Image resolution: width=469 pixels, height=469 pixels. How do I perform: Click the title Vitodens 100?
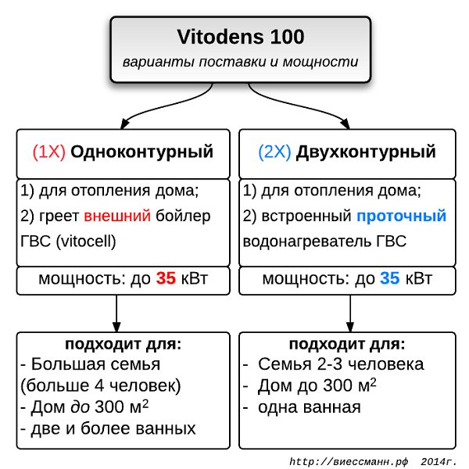point(240,36)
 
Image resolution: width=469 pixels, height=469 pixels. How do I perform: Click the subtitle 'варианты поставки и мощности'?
point(240,61)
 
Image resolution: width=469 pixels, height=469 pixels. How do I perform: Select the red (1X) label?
point(48,152)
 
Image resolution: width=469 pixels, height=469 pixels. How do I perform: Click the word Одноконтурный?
point(142,152)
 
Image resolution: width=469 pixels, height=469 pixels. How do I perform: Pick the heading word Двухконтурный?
point(366,152)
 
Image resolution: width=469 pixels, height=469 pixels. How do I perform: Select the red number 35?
point(166,278)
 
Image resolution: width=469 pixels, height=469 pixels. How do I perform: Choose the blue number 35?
point(390,278)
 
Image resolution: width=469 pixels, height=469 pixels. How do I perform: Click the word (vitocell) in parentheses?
point(87,241)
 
